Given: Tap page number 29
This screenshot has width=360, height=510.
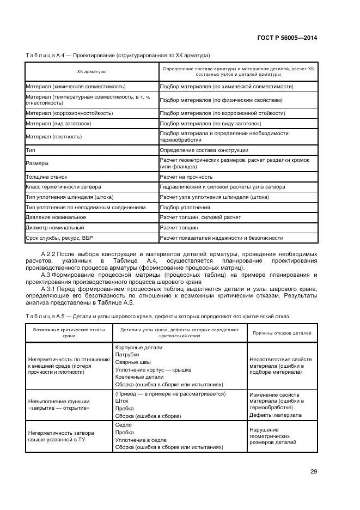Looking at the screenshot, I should coord(314,471).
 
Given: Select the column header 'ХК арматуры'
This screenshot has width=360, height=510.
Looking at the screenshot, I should coord(91,72).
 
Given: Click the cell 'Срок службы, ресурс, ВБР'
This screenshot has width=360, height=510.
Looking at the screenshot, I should coord(60,238).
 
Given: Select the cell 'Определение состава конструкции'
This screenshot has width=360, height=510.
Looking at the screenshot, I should coord(204,150).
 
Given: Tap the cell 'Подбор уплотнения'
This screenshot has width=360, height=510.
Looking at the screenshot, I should coord(185,207).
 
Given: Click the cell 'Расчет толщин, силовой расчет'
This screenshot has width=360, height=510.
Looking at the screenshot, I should coord(200,217).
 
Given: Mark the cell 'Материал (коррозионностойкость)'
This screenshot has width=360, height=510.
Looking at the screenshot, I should coord(69,113).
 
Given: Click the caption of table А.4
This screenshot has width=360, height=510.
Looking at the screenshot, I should coord(118,55).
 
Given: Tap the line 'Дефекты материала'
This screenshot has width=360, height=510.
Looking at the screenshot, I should coord(275,415).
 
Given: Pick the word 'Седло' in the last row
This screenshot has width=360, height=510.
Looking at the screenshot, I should coord(124,424).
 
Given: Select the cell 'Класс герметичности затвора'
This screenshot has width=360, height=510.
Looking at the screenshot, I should coord(63,187).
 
